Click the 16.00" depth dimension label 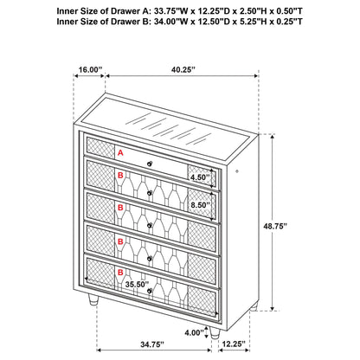pos(90,71)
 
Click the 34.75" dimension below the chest pos(152,344)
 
